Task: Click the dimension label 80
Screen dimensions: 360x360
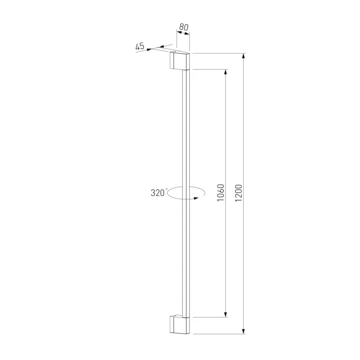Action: [184, 27]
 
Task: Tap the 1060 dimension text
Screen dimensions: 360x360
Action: [221, 193]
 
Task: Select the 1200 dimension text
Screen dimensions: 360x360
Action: [239, 193]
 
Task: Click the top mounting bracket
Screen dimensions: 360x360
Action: [180, 60]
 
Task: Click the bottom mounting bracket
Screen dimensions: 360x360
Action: [180, 324]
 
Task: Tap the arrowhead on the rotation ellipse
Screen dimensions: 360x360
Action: [196, 198]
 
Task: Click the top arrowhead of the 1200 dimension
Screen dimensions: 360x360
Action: [244, 56]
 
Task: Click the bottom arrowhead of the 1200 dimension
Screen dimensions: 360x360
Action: [244, 331]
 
